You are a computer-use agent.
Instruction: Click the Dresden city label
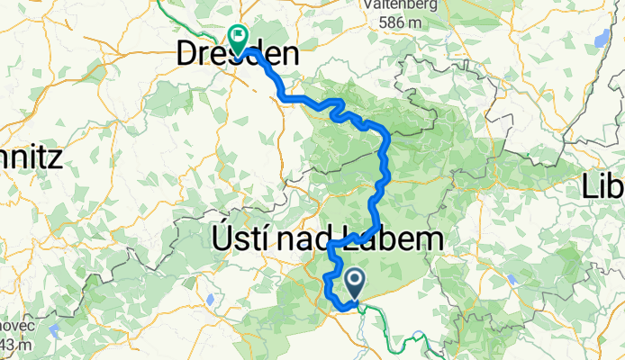tap(236, 56)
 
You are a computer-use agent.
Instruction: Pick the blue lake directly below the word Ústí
tap(210, 299)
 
